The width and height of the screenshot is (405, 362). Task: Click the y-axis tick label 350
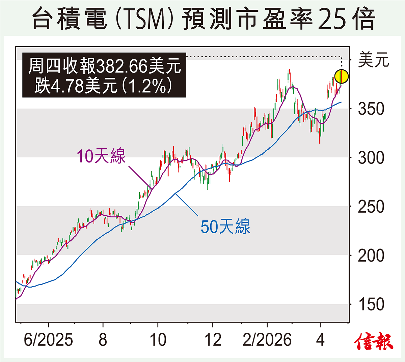point(371,109)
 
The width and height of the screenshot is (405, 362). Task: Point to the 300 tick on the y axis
point(371,158)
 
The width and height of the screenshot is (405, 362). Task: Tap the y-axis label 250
point(371,207)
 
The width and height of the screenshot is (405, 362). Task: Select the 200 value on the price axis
point(371,256)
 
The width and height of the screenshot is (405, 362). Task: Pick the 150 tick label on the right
point(371,305)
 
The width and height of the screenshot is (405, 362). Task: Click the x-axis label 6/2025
point(48,340)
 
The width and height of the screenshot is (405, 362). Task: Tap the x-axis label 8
point(103,340)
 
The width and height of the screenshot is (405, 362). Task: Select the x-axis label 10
point(158,340)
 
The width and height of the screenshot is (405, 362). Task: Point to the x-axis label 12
point(213,340)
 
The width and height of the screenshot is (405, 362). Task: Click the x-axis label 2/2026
point(267,340)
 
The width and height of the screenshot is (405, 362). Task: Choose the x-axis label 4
point(320,340)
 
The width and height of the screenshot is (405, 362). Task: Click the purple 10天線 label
point(101,156)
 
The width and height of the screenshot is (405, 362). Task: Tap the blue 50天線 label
point(225,227)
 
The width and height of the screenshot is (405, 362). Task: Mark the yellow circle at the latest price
point(342,77)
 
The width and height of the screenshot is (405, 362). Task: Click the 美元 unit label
point(374,60)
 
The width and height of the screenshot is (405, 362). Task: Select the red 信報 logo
point(374,341)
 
